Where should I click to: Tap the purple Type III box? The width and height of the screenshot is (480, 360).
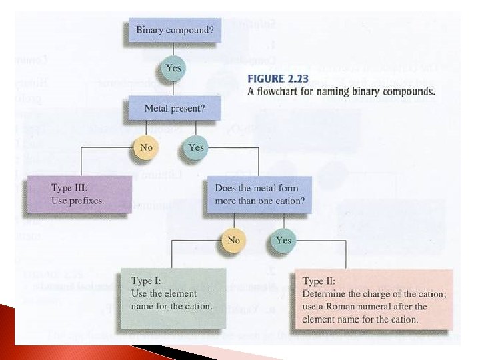pyautogui.click(x=78, y=194)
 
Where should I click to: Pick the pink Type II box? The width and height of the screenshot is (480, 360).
pyautogui.click(x=373, y=299)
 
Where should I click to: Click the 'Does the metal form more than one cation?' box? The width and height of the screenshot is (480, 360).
pyautogui.click(x=257, y=194)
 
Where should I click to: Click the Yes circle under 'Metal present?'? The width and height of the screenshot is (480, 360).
pyautogui.click(x=196, y=147)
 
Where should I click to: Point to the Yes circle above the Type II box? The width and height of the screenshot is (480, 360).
pyautogui.click(x=283, y=239)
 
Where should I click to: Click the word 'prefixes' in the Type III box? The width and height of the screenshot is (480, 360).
pyautogui.click(x=87, y=201)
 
